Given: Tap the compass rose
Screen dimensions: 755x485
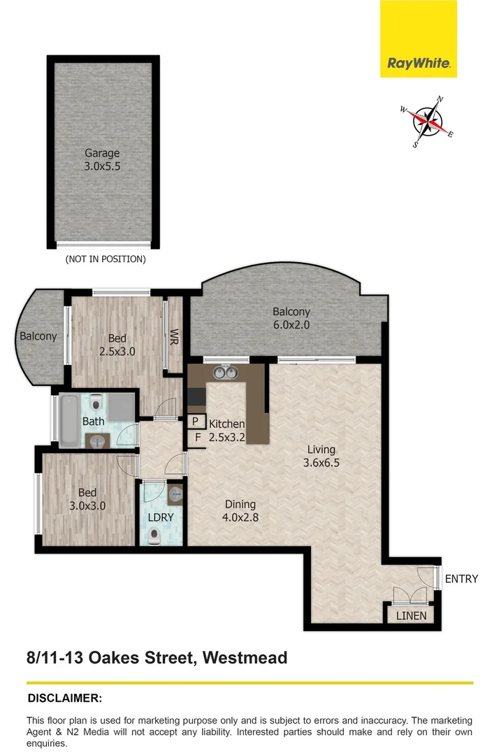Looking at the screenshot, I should (x=428, y=122).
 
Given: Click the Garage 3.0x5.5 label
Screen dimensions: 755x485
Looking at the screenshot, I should (x=102, y=159).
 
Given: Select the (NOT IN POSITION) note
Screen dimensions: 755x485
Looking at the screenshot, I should (x=105, y=259).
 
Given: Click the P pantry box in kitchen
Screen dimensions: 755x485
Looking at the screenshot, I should (x=196, y=422).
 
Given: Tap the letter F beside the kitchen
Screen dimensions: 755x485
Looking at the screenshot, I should (x=198, y=438).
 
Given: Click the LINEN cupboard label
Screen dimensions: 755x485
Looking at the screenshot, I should (x=410, y=616).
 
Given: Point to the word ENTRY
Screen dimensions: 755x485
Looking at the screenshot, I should (x=461, y=579).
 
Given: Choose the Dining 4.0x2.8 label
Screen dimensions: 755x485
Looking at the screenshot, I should (x=240, y=510).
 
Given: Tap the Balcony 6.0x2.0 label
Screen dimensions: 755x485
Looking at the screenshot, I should (x=291, y=318).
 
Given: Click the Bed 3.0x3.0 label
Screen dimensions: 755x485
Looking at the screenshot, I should (x=87, y=498).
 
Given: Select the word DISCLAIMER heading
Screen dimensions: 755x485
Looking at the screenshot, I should (x=64, y=698).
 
